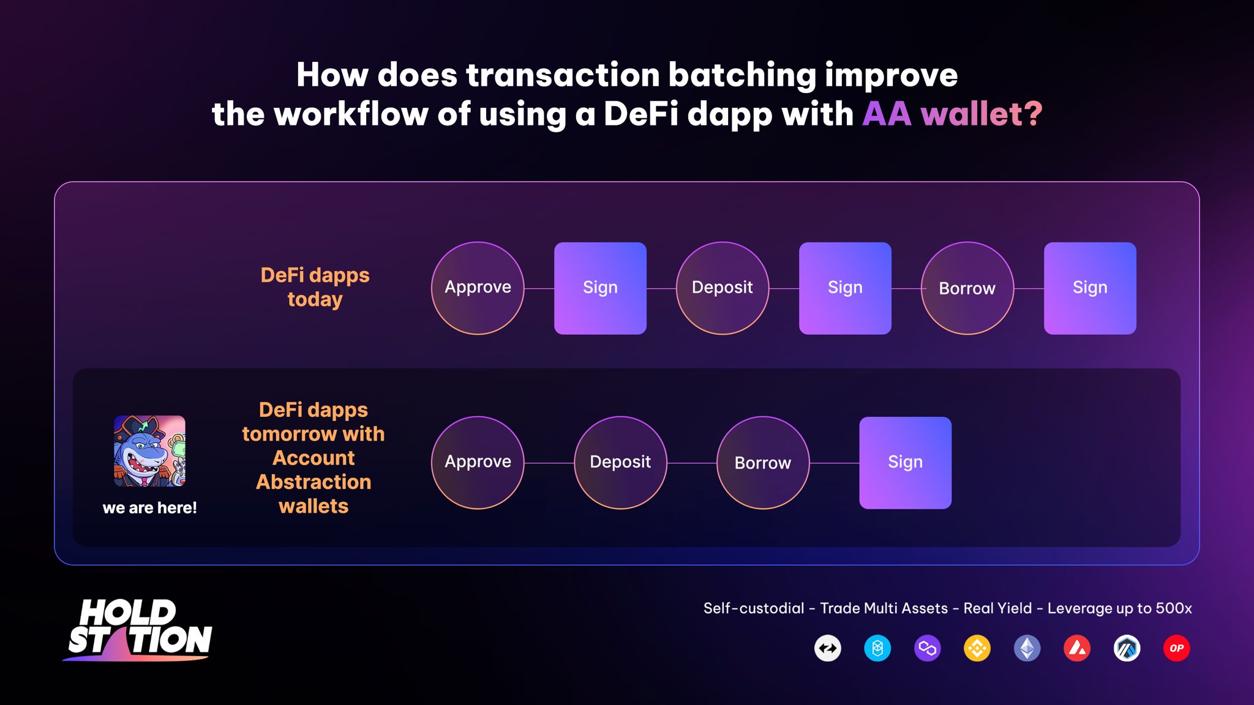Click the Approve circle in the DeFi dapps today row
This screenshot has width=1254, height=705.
pyautogui.click(x=478, y=288)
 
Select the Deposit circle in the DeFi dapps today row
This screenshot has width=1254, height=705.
pyautogui.click(x=723, y=288)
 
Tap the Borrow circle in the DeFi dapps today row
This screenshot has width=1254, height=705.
pyautogui.click(x=967, y=288)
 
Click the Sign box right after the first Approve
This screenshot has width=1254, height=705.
pyautogui.click(x=600, y=288)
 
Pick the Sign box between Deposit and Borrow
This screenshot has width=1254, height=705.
pyautogui.click(x=845, y=288)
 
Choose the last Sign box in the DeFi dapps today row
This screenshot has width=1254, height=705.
pyautogui.click(x=1090, y=288)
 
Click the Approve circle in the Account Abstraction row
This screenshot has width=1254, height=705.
pyautogui.click(x=478, y=463)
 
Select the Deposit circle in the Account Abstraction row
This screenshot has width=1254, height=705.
pyautogui.click(x=620, y=463)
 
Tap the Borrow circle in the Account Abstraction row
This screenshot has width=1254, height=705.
pyautogui.click(x=763, y=463)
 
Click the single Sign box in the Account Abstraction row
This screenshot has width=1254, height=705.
pyautogui.click(x=906, y=463)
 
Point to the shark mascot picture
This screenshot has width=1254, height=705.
pyautogui.click(x=149, y=451)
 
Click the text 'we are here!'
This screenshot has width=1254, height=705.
pyautogui.click(x=149, y=508)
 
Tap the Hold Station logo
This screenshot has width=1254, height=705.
pyautogui.click(x=138, y=630)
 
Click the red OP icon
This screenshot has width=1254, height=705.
pyautogui.click(x=1176, y=648)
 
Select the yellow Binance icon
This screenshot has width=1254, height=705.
pyautogui.click(x=977, y=648)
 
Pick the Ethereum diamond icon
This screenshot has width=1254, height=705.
pyautogui.click(x=1027, y=648)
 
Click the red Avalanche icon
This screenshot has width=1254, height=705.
pyautogui.click(x=1077, y=648)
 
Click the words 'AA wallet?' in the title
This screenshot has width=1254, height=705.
pyautogui.click(x=952, y=114)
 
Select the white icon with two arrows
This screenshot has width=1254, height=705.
pyautogui.click(x=828, y=648)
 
